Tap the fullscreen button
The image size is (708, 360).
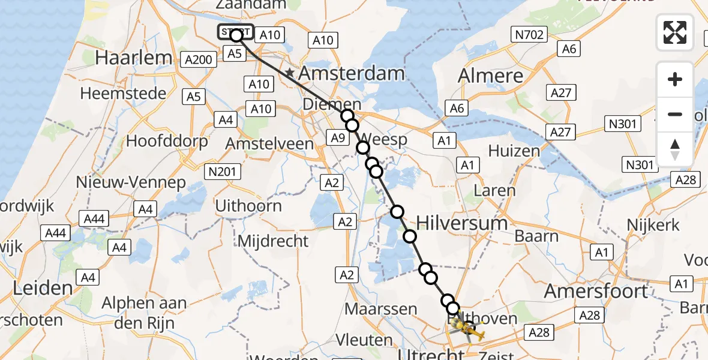(x=675, y=32)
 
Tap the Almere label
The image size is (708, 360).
(x=490, y=76)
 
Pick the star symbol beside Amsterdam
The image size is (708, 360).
(x=290, y=73)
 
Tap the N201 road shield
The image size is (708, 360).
(x=222, y=172)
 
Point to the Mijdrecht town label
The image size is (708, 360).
(x=273, y=241)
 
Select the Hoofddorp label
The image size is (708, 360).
(x=167, y=142)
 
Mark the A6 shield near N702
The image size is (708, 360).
(x=569, y=49)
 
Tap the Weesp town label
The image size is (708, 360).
(x=385, y=140)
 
